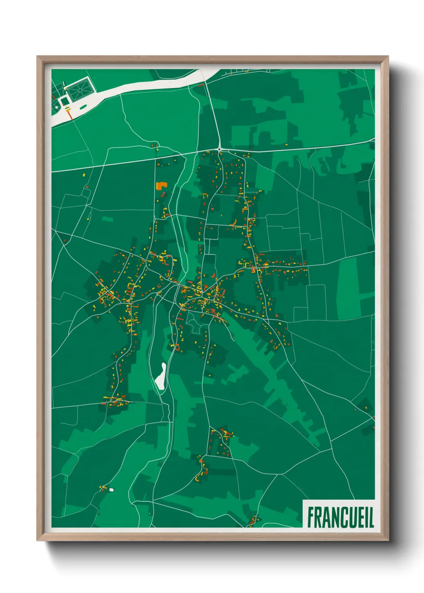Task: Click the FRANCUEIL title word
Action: [x=340, y=517]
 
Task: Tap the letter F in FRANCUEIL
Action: [x=311, y=517]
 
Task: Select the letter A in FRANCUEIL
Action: [x=326, y=517]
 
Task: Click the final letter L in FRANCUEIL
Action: [x=371, y=517]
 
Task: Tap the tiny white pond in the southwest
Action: [x=111, y=489]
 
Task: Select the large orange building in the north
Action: [x=161, y=186]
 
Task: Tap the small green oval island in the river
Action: [x=83, y=107]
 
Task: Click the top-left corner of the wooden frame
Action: [x=37, y=56]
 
